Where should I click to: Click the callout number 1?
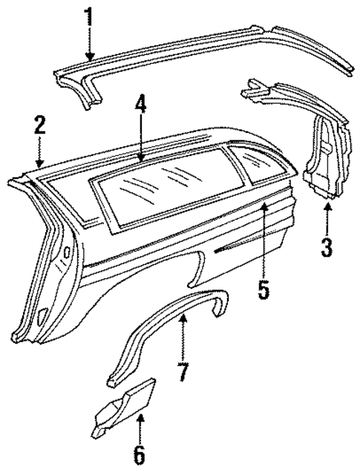click(x=89, y=17)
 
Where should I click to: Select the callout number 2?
click(x=39, y=126)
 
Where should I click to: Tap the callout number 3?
click(x=327, y=246)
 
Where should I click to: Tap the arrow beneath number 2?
click(x=39, y=152)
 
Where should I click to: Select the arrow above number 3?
click(x=327, y=215)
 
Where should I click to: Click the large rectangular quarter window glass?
click(x=160, y=186)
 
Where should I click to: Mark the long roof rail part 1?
click(x=208, y=52)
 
